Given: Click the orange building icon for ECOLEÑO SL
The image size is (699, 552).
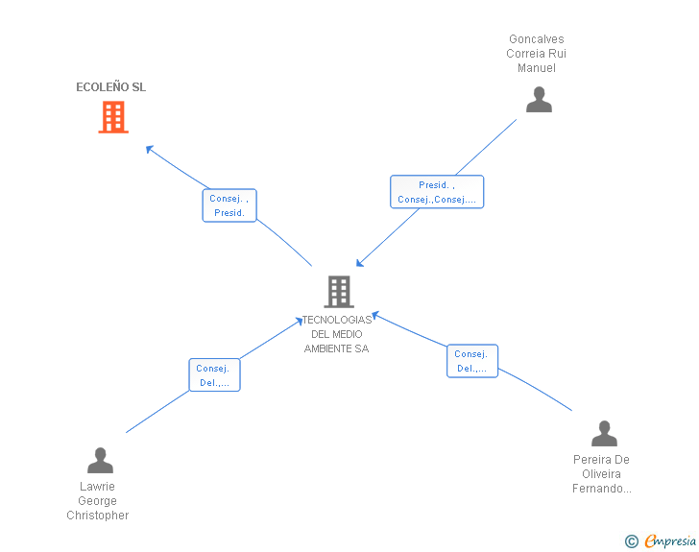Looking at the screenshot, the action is pyautogui.click(x=113, y=117).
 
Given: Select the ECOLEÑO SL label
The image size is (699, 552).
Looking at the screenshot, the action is pyautogui.click(x=111, y=87).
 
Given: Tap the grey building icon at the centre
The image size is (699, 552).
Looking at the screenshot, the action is pyautogui.click(x=339, y=292).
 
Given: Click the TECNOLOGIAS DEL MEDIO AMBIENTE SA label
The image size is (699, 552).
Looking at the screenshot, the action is pyautogui.click(x=337, y=334).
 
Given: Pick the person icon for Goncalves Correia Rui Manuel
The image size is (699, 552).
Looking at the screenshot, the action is pyautogui.click(x=539, y=100).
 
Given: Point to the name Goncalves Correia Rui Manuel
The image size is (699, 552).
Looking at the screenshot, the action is pyautogui.click(x=537, y=54).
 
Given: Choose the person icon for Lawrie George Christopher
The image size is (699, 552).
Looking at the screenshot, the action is pyautogui.click(x=100, y=460).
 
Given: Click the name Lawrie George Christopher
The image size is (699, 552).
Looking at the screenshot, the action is pyautogui.click(x=98, y=501).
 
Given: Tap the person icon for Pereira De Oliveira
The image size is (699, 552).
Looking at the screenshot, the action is pyautogui.click(x=604, y=433).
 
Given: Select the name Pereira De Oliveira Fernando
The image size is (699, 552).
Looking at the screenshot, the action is pyautogui.click(x=601, y=474).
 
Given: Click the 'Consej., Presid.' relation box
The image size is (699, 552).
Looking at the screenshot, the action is pyautogui.click(x=229, y=205).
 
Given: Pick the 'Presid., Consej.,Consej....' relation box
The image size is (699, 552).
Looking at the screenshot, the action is pyautogui.click(x=437, y=192).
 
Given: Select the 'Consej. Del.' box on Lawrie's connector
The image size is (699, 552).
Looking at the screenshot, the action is pyautogui.click(x=214, y=375).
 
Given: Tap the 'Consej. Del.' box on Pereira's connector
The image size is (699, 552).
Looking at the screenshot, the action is pyautogui.click(x=472, y=361).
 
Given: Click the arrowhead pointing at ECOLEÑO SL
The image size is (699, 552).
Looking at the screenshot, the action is pyautogui.click(x=150, y=149).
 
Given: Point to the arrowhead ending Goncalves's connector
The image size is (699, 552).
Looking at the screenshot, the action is pyautogui.click(x=360, y=263).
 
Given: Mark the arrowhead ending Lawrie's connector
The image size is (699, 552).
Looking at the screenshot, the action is pyautogui.click(x=300, y=321).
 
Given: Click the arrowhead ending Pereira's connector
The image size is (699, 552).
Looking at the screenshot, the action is pyautogui.click(x=375, y=315).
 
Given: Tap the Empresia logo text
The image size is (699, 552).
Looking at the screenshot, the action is pyautogui.click(x=670, y=540).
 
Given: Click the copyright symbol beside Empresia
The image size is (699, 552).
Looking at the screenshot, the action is pyautogui.click(x=631, y=541).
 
